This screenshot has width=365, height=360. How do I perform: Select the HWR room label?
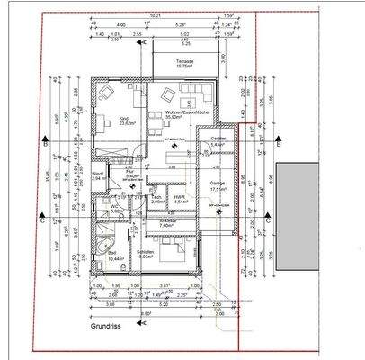179,200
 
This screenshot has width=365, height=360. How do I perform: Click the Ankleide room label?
166,223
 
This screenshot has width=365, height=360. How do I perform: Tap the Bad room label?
114,255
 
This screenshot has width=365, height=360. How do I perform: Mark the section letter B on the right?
279,143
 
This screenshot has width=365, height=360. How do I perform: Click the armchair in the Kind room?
104,93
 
